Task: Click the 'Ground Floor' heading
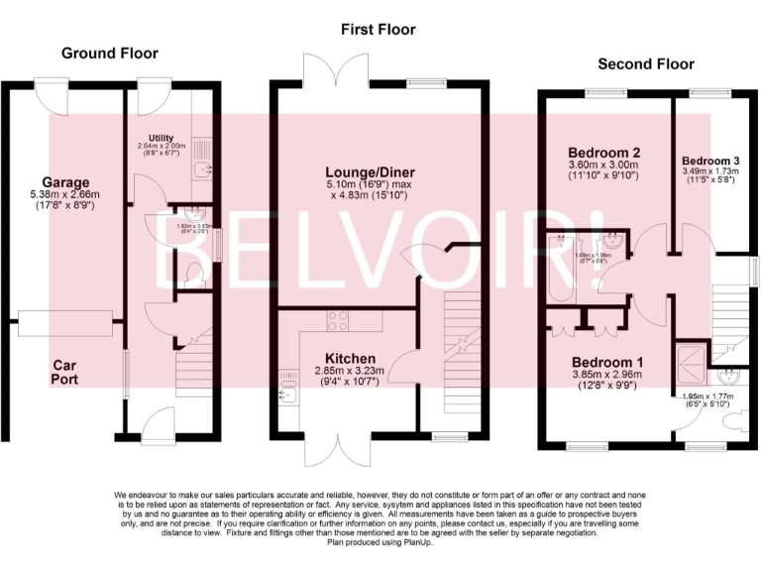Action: pos(109,53)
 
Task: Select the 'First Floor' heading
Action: pos(378,30)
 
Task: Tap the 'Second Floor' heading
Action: pos(647,64)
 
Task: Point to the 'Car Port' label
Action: pos(65,372)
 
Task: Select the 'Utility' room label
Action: pos(161,137)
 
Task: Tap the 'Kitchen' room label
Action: pos(350,358)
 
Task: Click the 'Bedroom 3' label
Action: pos(709,161)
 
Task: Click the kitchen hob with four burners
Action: pos(337,320)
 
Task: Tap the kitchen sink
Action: pos(288,396)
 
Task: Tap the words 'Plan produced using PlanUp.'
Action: pos(380,541)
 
